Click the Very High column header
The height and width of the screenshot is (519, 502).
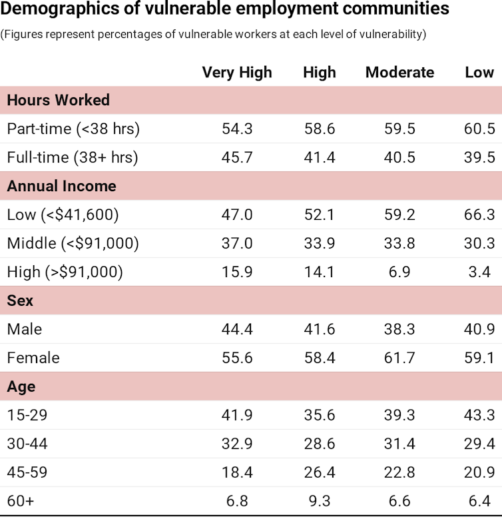(x=237, y=73)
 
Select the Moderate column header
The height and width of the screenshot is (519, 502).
(x=399, y=73)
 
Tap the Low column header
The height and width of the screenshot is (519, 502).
(x=479, y=73)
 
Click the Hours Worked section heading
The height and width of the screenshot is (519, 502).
(x=58, y=101)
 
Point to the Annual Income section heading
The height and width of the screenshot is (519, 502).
(x=61, y=187)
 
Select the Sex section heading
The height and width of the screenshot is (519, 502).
(x=20, y=300)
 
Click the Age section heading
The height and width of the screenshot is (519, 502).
(x=21, y=386)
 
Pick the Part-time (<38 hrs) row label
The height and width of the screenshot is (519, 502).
(x=73, y=129)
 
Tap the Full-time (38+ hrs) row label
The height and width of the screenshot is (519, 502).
(x=73, y=157)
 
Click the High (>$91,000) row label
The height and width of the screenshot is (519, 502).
(x=65, y=272)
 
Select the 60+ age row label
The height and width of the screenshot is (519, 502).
(x=20, y=500)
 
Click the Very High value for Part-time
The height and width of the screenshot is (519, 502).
(x=237, y=129)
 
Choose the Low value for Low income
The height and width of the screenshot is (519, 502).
(x=479, y=215)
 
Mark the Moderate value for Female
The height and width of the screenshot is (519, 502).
(x=399, y=358)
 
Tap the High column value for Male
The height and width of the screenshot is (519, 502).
(x=320, y=329)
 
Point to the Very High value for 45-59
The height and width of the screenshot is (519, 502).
(x=237, y=472)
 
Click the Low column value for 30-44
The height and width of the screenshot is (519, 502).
(x=479, y=443)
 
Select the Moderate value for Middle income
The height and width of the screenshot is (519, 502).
(x=399, y=243)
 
